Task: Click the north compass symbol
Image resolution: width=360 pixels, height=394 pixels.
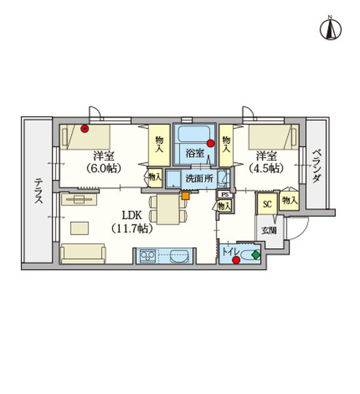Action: tap(330, 28)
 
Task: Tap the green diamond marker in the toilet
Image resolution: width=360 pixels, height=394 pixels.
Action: tap(256, 255)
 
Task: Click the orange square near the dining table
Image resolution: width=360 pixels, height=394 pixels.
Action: tap(185, 196)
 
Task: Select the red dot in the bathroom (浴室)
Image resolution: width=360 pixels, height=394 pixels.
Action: tap(210, 143)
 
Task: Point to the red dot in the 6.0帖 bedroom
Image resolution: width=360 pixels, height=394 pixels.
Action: tap(85, 129)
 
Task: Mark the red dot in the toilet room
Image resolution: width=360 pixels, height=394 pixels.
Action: tap(236, 260)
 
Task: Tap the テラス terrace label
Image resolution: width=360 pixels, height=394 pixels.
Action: tap(39, 191)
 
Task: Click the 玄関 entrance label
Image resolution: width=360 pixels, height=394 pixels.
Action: tap(269, 230)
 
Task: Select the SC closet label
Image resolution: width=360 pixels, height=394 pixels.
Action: tap(267, 204)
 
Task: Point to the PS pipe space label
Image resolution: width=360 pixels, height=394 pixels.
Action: tap(225, 195)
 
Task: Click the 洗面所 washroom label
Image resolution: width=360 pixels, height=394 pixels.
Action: tap(199, 179)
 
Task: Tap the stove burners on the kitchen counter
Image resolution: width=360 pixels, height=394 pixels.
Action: tap(147, 256)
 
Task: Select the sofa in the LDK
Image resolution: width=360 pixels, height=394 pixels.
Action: tap(83, 253)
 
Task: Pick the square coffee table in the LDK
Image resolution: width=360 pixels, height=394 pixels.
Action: tap(79, 228)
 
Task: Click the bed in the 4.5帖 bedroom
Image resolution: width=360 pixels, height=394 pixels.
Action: tap(273, 137)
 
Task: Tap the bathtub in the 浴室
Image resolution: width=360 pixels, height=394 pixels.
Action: tap(194, 134)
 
